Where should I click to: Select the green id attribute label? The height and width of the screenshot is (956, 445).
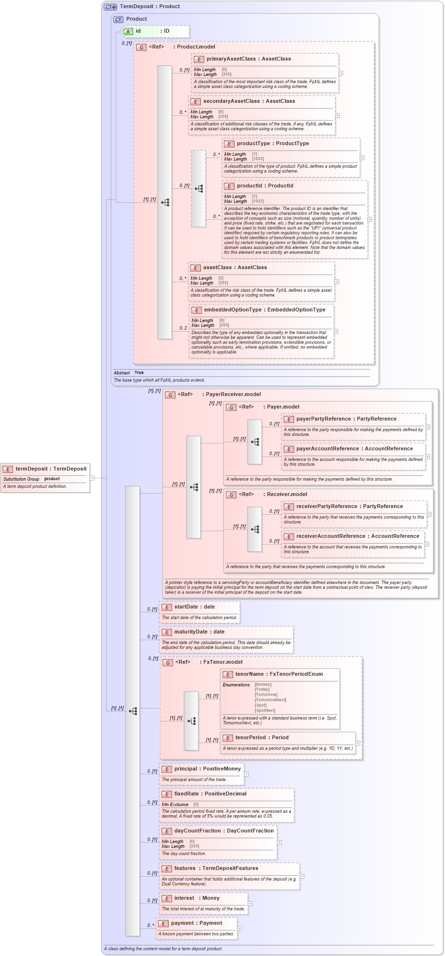click(138, 31)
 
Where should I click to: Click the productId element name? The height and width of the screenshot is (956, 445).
click(249, 186)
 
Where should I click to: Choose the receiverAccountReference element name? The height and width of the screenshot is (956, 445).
click(331, 536)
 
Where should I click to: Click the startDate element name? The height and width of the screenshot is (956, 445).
click(186, 607)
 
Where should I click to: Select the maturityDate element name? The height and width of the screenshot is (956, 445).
click(191, 632)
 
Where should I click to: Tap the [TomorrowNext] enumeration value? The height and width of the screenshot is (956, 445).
click(270, 700)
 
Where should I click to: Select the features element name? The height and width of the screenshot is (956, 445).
click(185, 869)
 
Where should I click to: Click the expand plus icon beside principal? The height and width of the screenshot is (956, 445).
click(247, 774)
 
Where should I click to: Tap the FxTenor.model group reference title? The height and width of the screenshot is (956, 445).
click(222, 662)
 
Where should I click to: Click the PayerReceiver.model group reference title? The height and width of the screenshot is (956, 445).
click(233, 395)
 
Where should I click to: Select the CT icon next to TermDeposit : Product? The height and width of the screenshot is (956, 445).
click(111, 7)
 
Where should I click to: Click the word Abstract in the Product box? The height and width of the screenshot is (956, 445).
click(122, 373)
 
